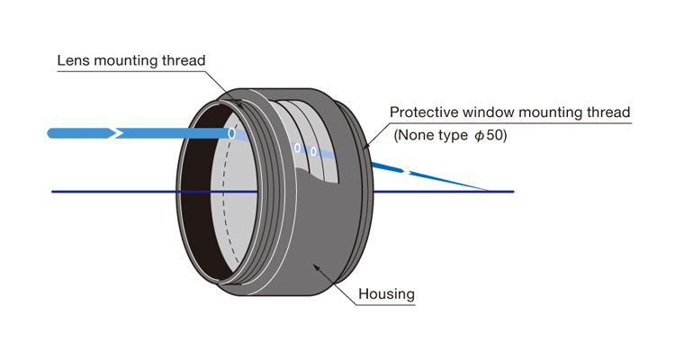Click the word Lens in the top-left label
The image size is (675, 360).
click(73, 61)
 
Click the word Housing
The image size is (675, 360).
click(386, 294)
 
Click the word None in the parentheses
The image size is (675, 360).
click(416, 137)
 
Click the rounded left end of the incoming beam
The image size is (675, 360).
click(52, 133)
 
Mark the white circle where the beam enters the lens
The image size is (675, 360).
click(231, 133)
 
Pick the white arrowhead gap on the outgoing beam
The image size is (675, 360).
click(407, 171)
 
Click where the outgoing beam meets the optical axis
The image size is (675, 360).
click(487, 191)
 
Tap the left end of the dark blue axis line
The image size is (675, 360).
click(53, 192)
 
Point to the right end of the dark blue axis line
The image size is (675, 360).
click(513, 192)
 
